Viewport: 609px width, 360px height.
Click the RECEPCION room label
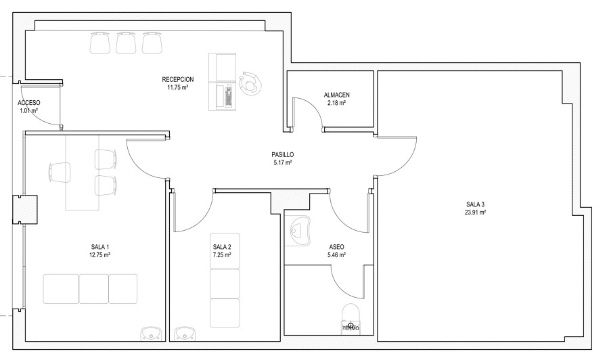click(177, 80)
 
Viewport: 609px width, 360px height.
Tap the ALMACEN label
click(336, 95)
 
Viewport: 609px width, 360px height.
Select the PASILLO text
click(282, 154)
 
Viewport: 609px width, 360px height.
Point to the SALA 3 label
click(475, 204)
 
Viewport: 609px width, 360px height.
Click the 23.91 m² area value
click(475, 212)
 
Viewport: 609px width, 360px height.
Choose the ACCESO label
click(28, 103)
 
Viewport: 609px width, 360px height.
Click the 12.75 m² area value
click(100, 255)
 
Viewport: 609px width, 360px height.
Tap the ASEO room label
click(336, 247)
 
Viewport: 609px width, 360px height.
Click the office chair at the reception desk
click(249, 83)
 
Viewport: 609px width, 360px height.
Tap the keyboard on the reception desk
click(229, 97)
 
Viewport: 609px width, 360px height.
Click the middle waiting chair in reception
click(126, 43)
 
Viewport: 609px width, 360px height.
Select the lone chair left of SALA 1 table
click(60, 172)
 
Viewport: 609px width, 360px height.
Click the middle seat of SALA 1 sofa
click(94, 288)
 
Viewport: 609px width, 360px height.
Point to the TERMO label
click(351, 329)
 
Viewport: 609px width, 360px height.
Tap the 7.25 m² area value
click(222, 255)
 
